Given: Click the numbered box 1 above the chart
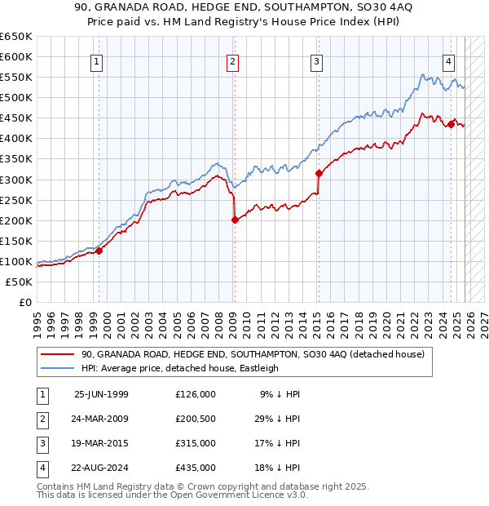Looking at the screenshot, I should point(97,61).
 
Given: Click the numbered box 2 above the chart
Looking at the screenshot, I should point(233,61).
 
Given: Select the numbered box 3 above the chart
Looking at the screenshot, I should point(316,61).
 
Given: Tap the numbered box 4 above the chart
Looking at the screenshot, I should point(449,61).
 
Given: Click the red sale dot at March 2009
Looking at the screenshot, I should point(235,220).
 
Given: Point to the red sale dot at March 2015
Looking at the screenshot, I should point(318,172).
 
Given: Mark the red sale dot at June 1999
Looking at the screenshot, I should point(99,251).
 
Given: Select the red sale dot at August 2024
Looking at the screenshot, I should point(451,123).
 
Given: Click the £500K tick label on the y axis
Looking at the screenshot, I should point(16,97).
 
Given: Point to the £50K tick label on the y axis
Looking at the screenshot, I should point(20,282).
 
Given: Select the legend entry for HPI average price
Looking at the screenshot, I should point(180,368).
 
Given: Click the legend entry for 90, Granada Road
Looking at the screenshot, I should point(253,355).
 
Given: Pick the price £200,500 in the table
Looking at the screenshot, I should point(196,419).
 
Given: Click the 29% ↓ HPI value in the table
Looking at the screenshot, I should point(280,419).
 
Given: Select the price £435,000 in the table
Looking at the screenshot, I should point(196,468).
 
